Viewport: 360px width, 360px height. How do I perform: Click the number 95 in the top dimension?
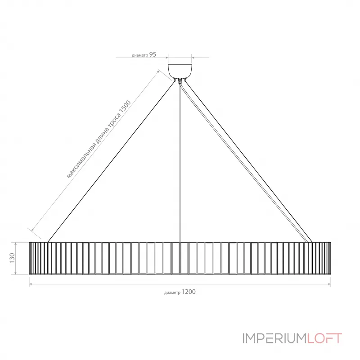click(x=153, y=54)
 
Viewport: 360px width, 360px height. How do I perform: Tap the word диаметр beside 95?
click(x=140, y=55)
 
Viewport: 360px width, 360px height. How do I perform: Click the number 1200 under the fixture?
click(x=189, y=292)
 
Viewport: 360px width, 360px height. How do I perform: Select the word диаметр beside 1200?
click(x=172, y=293)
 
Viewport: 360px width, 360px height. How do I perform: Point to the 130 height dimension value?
click(x=12, y=258)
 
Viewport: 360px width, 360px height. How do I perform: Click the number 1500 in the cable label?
click(x=125, y=108)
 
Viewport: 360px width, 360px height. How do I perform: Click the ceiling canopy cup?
click(x=180, y=71)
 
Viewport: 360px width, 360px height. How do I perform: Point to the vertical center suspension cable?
click(x=180, y=162)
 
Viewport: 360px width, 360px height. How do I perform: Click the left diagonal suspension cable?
click(x=111, y=162)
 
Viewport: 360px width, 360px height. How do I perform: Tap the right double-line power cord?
click(x=244, y=162)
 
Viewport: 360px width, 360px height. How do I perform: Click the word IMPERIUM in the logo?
click(x=275, y=338)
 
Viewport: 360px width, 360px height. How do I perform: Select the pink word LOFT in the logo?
click(x=324, y=338)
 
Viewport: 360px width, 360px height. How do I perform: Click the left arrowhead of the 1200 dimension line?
click(x=31, y=284)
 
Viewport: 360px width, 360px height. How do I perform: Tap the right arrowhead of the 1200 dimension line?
click(x=329, y=284)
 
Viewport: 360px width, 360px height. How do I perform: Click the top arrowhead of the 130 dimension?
click(x=15, y=243)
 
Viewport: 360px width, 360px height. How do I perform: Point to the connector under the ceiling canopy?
click(x=180, y=81)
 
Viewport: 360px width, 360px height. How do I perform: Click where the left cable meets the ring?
click(x=48, y=242)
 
